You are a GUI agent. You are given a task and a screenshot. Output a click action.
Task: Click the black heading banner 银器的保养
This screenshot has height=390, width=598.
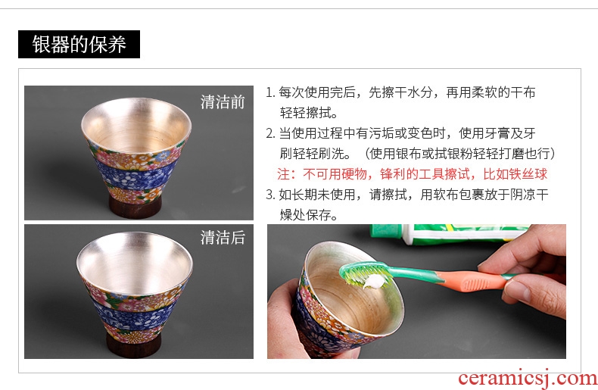(79, 44)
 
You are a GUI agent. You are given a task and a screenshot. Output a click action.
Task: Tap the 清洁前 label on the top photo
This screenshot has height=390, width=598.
(223, 102)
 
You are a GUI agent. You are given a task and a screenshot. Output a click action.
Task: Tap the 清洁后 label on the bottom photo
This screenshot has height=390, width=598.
(223, 237)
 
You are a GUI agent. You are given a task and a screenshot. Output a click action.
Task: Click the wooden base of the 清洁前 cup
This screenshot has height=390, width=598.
(135, 207)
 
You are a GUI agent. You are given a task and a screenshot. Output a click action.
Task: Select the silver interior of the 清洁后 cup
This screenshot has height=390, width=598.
(135, 263)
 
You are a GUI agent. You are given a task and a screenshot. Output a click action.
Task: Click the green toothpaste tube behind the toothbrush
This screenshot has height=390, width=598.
(450, 233)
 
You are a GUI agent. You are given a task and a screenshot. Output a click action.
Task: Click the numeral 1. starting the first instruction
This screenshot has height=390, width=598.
(270, 92)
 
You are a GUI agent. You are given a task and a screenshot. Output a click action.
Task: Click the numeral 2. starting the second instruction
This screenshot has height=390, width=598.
(270, 133)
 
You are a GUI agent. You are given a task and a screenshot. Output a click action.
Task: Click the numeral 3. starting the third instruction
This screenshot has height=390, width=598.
(270, 195)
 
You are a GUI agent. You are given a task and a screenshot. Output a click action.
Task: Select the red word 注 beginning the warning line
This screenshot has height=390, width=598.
(284, 174)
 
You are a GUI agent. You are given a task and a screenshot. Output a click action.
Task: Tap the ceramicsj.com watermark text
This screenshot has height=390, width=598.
(528, 378)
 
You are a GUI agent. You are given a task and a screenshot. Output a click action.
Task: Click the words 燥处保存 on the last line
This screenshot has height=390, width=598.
(305, 215)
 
